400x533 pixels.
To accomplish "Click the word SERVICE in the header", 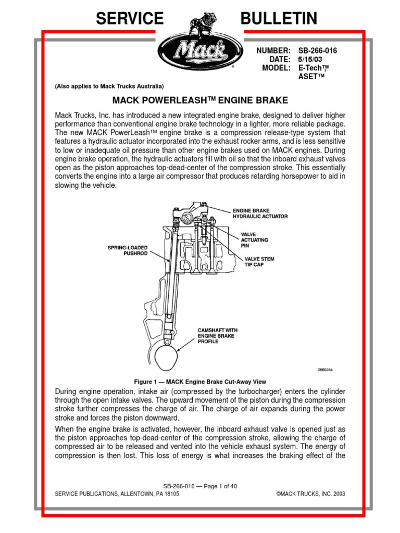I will (x=129, y=19).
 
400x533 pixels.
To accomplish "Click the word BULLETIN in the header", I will (x=279, y=19).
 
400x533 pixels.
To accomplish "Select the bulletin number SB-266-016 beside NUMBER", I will (x=321, y=51).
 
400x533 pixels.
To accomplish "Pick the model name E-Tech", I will (x=314, y=68).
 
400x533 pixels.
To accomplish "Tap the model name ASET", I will (x=311, y=77).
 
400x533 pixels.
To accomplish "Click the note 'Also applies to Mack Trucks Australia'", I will (x=109, y=86).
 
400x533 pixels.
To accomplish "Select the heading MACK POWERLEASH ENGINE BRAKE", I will (x=200, y=99).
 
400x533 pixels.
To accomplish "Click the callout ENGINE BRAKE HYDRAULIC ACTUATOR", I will (x=259, y=213).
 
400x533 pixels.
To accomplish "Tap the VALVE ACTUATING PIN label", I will (x=254, y=240).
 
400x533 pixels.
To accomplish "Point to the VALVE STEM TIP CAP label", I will (x=259, y=261).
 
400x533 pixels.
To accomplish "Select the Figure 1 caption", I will (x=200, y=382).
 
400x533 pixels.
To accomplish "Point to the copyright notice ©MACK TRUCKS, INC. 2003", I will (x=311, y=494).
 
